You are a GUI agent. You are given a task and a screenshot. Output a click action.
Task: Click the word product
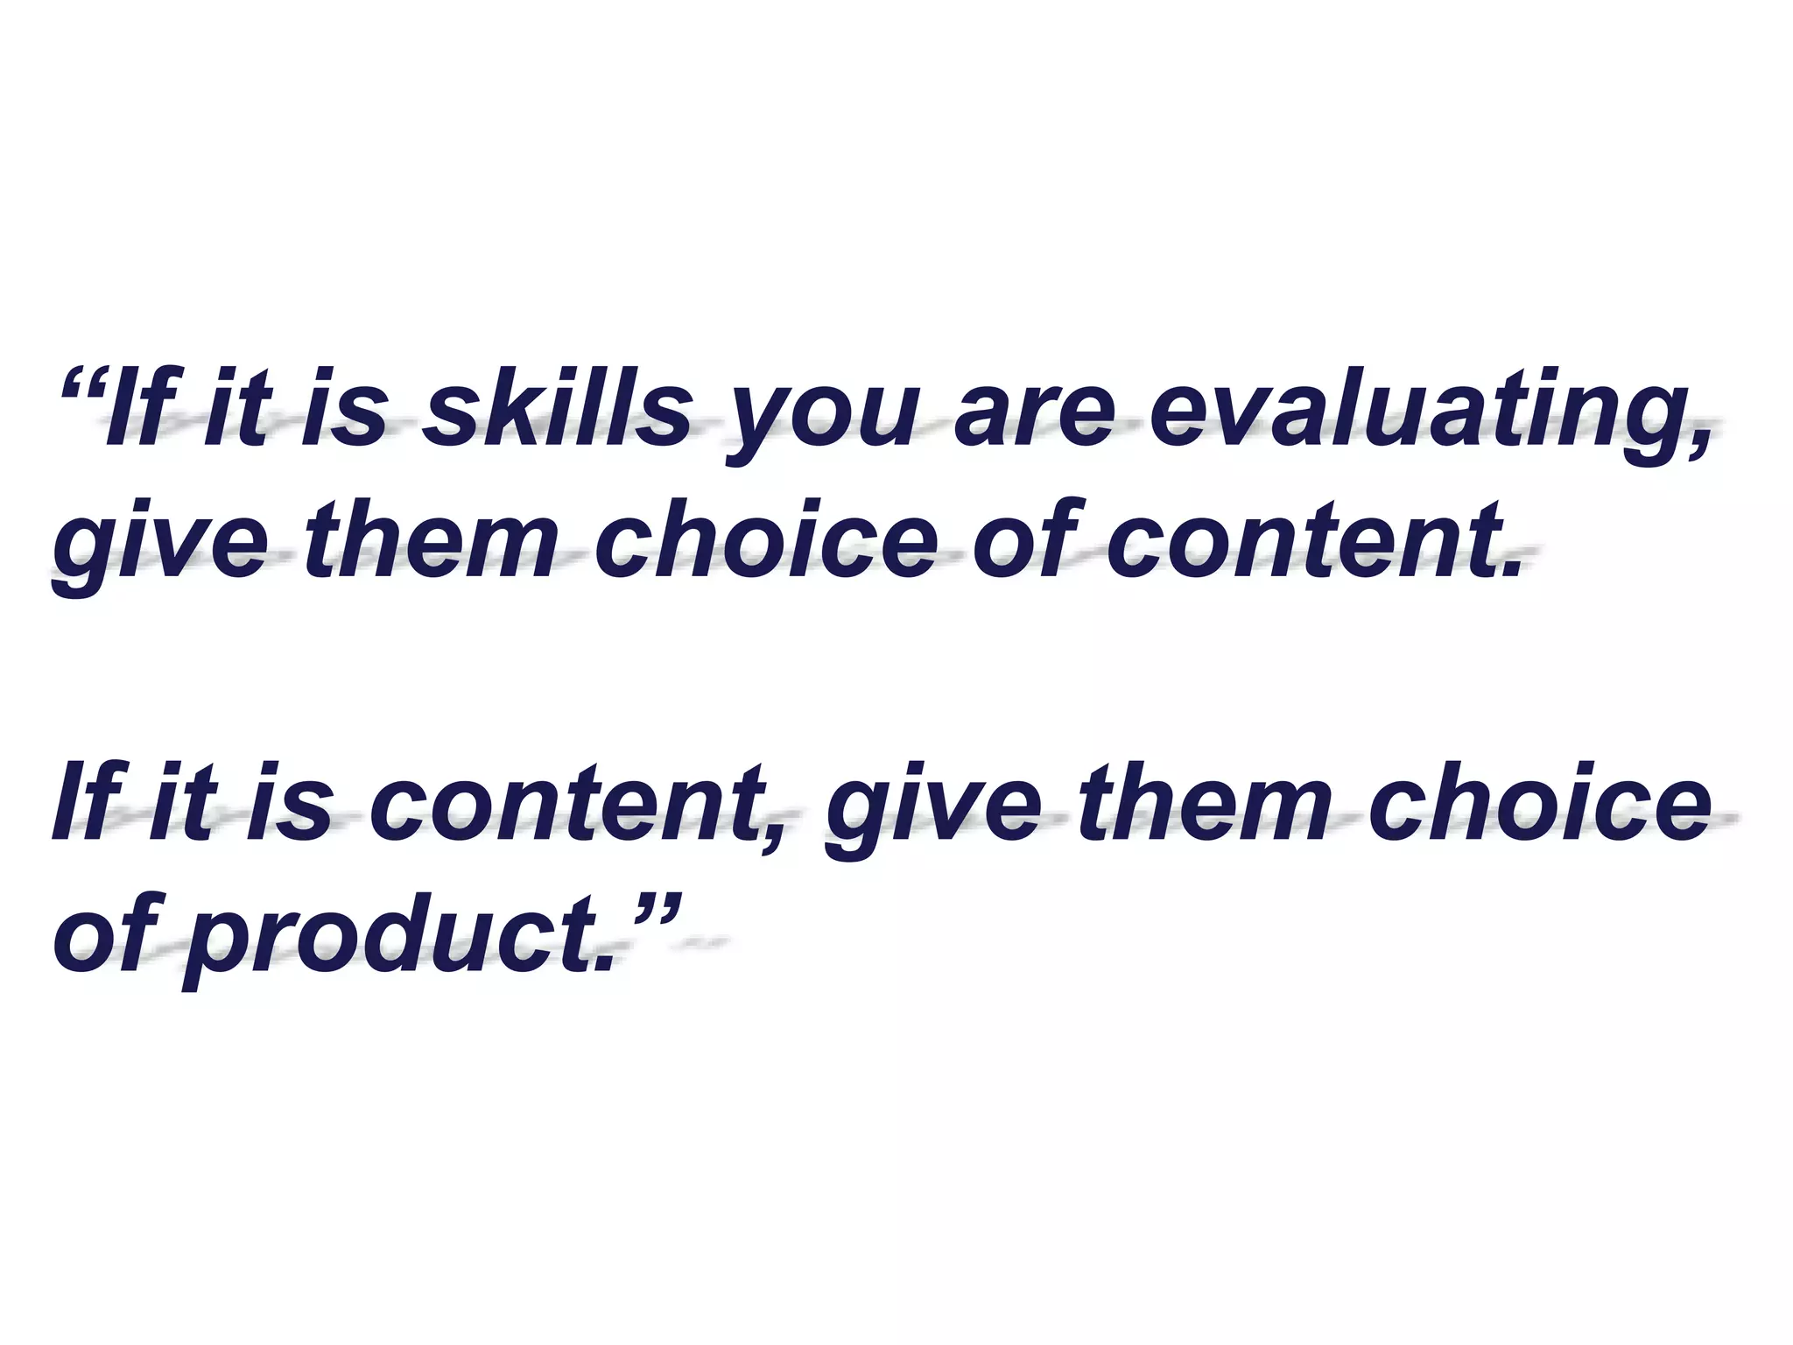coord(394,941)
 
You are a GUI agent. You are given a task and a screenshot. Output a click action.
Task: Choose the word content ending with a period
coord(1304,543)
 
